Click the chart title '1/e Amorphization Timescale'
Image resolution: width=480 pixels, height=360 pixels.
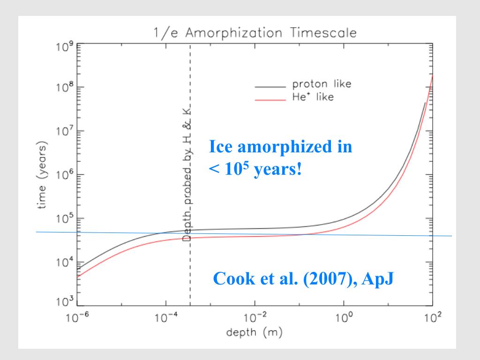click(255, 33)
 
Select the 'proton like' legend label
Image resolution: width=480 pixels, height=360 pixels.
click(322, 85)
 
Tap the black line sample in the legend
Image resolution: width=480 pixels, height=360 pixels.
click(270, 87)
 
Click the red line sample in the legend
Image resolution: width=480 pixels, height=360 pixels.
click(270, 99)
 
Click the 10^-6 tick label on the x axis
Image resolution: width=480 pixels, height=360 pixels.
click(76, 318)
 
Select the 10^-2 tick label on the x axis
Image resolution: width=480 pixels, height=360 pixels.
click(255, 318)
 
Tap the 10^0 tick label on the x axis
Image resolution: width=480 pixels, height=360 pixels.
click(344, 318)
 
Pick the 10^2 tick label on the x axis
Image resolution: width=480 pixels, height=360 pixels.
click(432, 318)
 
